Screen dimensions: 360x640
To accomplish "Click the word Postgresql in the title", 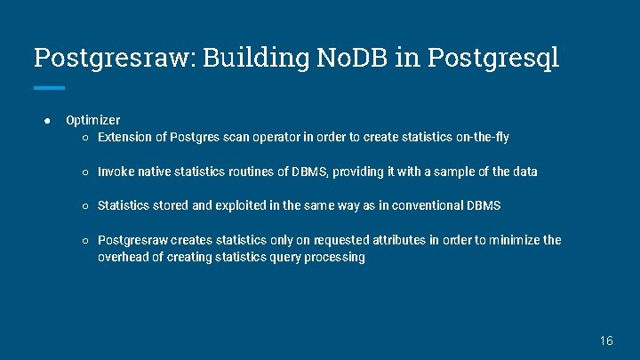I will pos(493,58).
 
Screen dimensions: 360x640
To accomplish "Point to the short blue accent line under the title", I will pos(49,87).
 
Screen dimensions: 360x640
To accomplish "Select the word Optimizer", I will pos(93,120).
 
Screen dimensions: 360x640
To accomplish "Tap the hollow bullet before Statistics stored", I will pos(85,206).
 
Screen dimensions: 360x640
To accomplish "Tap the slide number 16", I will pos(606,340).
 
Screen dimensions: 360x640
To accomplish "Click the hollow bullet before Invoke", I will pos(85,172).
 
